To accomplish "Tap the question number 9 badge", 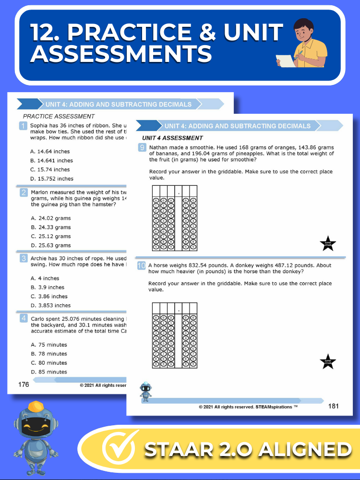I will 142,148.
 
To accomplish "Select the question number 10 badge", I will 142,265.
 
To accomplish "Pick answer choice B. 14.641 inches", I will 51,161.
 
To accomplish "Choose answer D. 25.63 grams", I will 50,246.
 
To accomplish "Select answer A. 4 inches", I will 45,278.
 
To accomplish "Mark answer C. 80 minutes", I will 49,363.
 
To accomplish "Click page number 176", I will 24,384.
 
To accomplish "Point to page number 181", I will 334,406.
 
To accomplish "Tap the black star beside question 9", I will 328,243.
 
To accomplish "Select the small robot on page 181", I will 145,391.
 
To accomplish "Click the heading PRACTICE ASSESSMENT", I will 59,116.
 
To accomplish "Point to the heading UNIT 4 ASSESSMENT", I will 172,138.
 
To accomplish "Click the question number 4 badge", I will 23,319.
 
